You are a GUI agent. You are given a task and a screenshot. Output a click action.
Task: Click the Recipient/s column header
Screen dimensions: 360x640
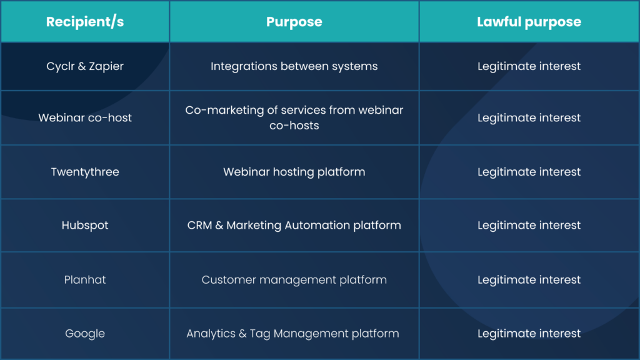pyautogui.click(x=85, y=22)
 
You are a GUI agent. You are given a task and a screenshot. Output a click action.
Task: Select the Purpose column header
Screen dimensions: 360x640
pyautogui.click(x=294, y=22)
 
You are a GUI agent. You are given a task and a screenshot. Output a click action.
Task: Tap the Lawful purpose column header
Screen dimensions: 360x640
pyautogui.click(x=529, y=22)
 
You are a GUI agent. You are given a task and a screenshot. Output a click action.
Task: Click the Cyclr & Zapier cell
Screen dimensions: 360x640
pyautogui.click(x=85, y=66)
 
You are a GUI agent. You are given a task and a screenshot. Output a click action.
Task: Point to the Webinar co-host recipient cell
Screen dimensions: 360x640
pyautogui.click(x=85, y=118)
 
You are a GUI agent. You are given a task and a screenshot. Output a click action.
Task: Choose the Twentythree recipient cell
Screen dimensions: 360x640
pyautogui.click(x=85, y=172)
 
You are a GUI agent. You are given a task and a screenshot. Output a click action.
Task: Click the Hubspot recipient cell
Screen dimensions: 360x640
pyautogui.click(x=85, y=226)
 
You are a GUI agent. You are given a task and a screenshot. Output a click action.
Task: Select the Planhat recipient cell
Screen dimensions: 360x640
pyautogui.click(x=85, y=280)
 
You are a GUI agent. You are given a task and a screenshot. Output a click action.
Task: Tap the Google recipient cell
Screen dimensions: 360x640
pyautogui.click(x=85, y=334)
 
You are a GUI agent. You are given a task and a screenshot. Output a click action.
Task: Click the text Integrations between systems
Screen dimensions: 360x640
pyautogui.click(x=294, y=66)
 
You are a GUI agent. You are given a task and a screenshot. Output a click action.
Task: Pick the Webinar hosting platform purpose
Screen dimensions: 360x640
pyautogui.click(x=294, y=172)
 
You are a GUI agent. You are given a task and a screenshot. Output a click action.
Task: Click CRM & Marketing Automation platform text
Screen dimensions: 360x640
pyautogui.click(x=294, y=226)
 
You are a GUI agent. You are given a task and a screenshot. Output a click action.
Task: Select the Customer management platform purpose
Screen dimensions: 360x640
pyautogui.click(x=294, y=280)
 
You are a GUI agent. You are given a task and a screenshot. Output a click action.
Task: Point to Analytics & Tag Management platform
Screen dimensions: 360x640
pyautogui.click(x=292, y=334)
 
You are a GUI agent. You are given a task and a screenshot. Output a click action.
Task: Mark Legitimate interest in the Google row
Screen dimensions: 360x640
pyautogui.click(x=529, y=334)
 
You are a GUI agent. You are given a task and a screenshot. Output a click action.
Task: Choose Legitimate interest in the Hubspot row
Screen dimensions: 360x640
pyautogui.click(x=529, y=226)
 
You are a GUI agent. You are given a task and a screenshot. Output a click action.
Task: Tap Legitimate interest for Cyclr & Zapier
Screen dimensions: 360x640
pyautogui.click(x=529, y=66)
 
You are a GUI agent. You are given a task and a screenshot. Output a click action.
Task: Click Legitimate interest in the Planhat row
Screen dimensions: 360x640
pyautogui.click(x=529, y=280)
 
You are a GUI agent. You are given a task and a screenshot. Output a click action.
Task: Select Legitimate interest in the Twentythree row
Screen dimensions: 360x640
pyautogui.click(x=529, y=172)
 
